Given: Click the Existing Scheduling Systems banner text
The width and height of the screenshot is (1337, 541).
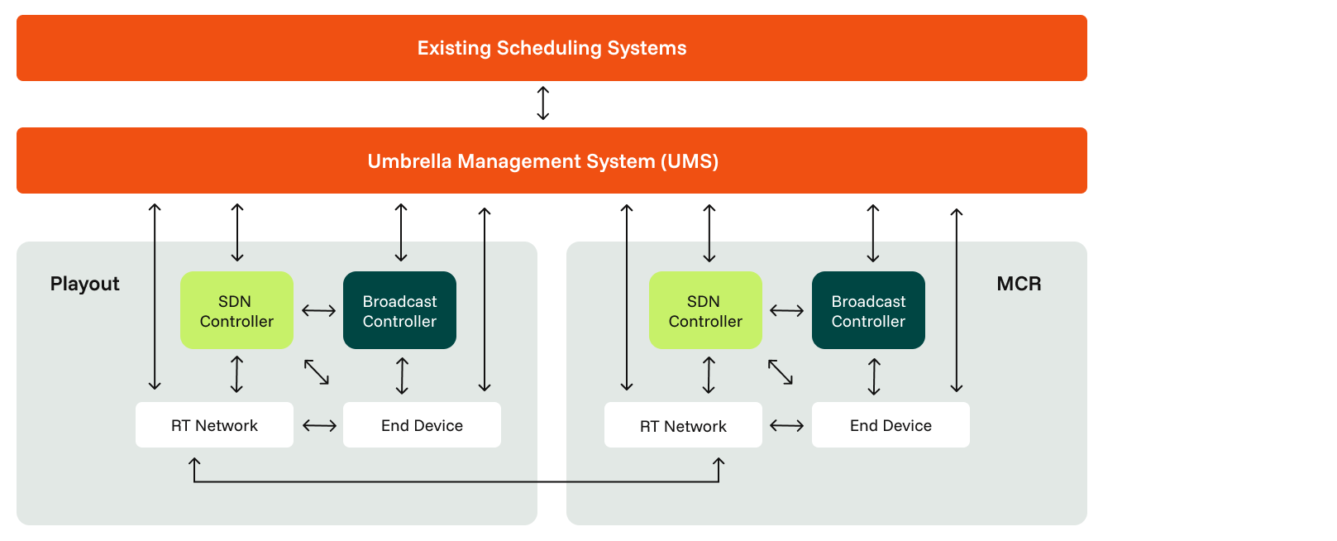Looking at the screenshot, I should click(x=552, y=48).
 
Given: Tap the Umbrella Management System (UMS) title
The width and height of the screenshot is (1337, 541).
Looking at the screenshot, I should click(x=543, y=161).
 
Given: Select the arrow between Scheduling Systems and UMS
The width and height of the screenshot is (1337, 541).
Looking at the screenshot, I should click(x=543, y=103).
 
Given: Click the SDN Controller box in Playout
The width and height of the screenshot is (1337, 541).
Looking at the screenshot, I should click(x=236, y=310).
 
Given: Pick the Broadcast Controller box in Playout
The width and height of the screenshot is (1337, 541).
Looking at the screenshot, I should click(x=399, y=310).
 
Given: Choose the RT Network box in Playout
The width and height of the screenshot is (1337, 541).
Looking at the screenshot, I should click(x=214, y=425).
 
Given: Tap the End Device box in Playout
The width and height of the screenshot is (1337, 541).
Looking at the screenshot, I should click(x=422, y=425).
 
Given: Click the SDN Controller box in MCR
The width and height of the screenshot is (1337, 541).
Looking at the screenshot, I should click(x=705, y=310).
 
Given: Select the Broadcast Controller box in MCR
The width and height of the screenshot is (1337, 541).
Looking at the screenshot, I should click(x=868, y=310).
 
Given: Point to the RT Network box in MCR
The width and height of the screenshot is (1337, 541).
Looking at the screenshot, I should click(x=683, y=425).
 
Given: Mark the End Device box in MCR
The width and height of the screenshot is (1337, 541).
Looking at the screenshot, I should click(x=891, y=425).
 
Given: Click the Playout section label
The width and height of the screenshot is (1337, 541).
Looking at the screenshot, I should click(x=84, y=284).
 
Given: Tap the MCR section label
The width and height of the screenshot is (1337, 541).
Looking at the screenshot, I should click(x=1019, y=284).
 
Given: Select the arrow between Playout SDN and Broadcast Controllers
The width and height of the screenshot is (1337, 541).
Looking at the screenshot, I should click(x=318, y=311).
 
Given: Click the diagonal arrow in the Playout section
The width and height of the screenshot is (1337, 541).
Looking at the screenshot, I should click(x=317, y=371).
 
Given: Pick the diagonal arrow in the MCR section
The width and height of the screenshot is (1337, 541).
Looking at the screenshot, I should click(x=781, y=371).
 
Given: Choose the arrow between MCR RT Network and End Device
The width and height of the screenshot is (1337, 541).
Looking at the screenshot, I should click(x=786, y=425).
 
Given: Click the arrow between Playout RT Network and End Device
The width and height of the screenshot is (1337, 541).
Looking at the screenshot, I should click(x=319, y=425).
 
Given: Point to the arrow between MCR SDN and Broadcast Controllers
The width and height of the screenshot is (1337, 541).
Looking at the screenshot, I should click(x=786, y=311).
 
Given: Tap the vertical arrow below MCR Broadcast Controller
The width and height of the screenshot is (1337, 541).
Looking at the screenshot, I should click(x=874, y=376).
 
